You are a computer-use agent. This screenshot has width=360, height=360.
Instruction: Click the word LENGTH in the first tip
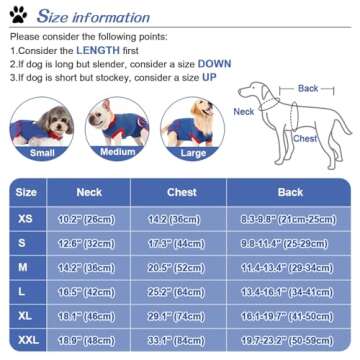pos(98,49)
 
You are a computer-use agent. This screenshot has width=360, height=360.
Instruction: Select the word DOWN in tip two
pos(214,63)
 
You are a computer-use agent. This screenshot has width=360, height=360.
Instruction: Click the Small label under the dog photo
pos(42,154)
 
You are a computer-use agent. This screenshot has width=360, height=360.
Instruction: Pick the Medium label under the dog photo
pos(117,152)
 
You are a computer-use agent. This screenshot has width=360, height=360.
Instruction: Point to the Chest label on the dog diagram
pos(306,139)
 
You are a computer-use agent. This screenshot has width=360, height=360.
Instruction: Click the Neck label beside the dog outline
pos(244,112)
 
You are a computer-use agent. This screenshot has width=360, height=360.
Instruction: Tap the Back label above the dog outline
pos(307,89)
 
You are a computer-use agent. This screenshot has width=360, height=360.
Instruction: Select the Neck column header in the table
pos(90,192)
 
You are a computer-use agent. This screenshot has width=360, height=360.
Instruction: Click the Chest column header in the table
pos(174,192)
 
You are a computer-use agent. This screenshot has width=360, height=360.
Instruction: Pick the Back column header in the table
pos(290,192)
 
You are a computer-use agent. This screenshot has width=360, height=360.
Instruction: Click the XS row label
pos(27,218)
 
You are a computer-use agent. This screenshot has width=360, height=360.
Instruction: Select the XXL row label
pos(27,340)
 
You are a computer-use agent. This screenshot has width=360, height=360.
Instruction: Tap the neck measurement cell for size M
pos(90,267)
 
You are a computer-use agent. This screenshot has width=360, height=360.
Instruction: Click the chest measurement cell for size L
pos(174,292)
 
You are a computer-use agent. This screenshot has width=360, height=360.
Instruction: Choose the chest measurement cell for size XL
pos(174,316)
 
